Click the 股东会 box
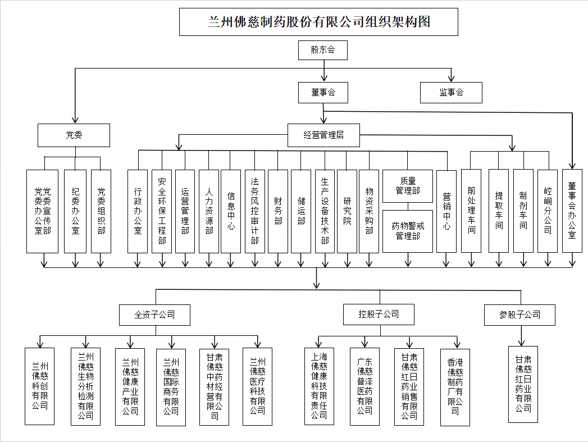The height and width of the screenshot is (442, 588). (x=323, y=50)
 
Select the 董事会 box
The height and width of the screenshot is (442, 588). (x=323, y=93)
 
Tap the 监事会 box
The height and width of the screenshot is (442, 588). (x=451, y=93)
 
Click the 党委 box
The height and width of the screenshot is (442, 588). (x=74, y=135)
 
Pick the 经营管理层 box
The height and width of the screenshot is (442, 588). (x=323, y=135)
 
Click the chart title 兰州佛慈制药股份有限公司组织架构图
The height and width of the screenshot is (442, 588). (x=318, y=22)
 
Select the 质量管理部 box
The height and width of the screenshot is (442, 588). (x=408, y=186)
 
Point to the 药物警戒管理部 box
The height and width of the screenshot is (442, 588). (x=408, y=231)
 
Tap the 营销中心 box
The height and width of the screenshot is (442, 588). (x=446, y=211)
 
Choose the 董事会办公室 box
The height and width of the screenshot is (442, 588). (x=572, y=211)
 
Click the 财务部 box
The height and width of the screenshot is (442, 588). (x=278, y=211)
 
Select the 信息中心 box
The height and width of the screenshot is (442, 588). (x=231, y=211)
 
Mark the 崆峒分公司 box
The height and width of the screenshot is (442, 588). (x=548, y=211)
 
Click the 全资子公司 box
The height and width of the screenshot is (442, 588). (x=154, y=315)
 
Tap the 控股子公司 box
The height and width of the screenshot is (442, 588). (x=379, y=315)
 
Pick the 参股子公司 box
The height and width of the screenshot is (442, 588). (x=519, y=315)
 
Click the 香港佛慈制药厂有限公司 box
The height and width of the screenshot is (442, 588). (x=455, y=387)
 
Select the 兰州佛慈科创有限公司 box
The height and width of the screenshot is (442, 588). (x=40, y=386)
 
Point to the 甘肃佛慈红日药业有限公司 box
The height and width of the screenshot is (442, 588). (x=523, y=384)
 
